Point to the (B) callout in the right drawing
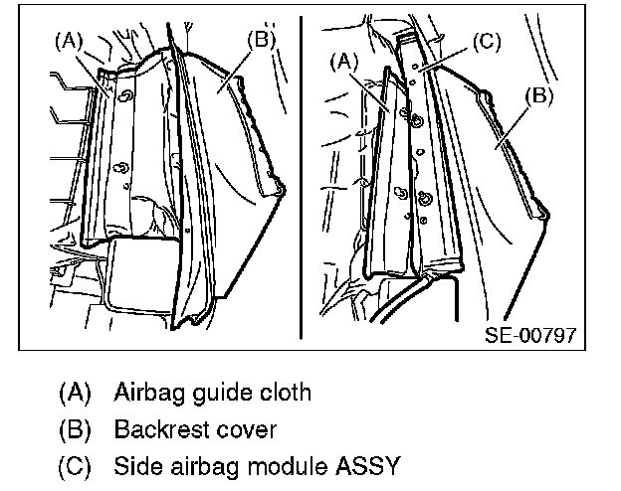538,95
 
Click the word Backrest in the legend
159,429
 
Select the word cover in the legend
244,430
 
